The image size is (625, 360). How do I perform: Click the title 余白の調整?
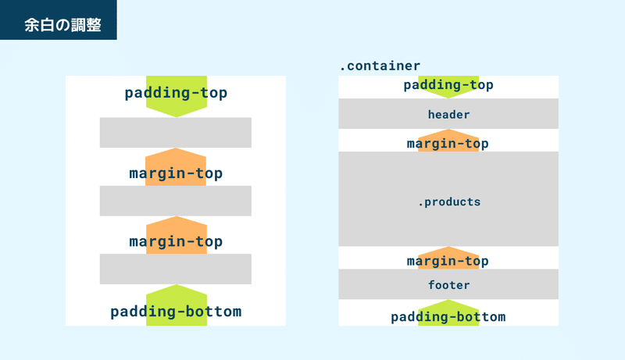(62, 25)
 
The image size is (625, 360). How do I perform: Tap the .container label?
(380, 66)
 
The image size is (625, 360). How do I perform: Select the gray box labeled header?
(448, 113)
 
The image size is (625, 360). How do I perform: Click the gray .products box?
(448, 198)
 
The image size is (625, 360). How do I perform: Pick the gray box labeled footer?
(448, 284)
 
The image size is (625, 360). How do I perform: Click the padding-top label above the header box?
(448, 85)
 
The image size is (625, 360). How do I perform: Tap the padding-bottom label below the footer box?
(448, 317)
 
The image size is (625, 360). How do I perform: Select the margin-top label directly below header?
(448, 144)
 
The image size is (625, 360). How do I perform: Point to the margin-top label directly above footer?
(448, 262)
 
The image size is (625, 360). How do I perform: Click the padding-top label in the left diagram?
(176, 93)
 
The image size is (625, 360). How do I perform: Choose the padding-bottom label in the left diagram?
(176, 312)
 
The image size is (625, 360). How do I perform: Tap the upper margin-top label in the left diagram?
(176, 173)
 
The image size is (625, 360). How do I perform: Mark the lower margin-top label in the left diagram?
(176, 242)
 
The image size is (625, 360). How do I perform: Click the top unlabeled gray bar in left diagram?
(175, 133)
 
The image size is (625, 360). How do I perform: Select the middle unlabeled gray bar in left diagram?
(175, 201)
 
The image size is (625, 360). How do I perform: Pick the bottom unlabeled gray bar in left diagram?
(175, 269)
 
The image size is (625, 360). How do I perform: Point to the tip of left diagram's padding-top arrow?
(177, 117)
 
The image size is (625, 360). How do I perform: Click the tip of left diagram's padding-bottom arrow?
(177, 284)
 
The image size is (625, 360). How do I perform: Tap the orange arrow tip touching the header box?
(448, 129)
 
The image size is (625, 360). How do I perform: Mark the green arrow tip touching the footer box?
(448, 299)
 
